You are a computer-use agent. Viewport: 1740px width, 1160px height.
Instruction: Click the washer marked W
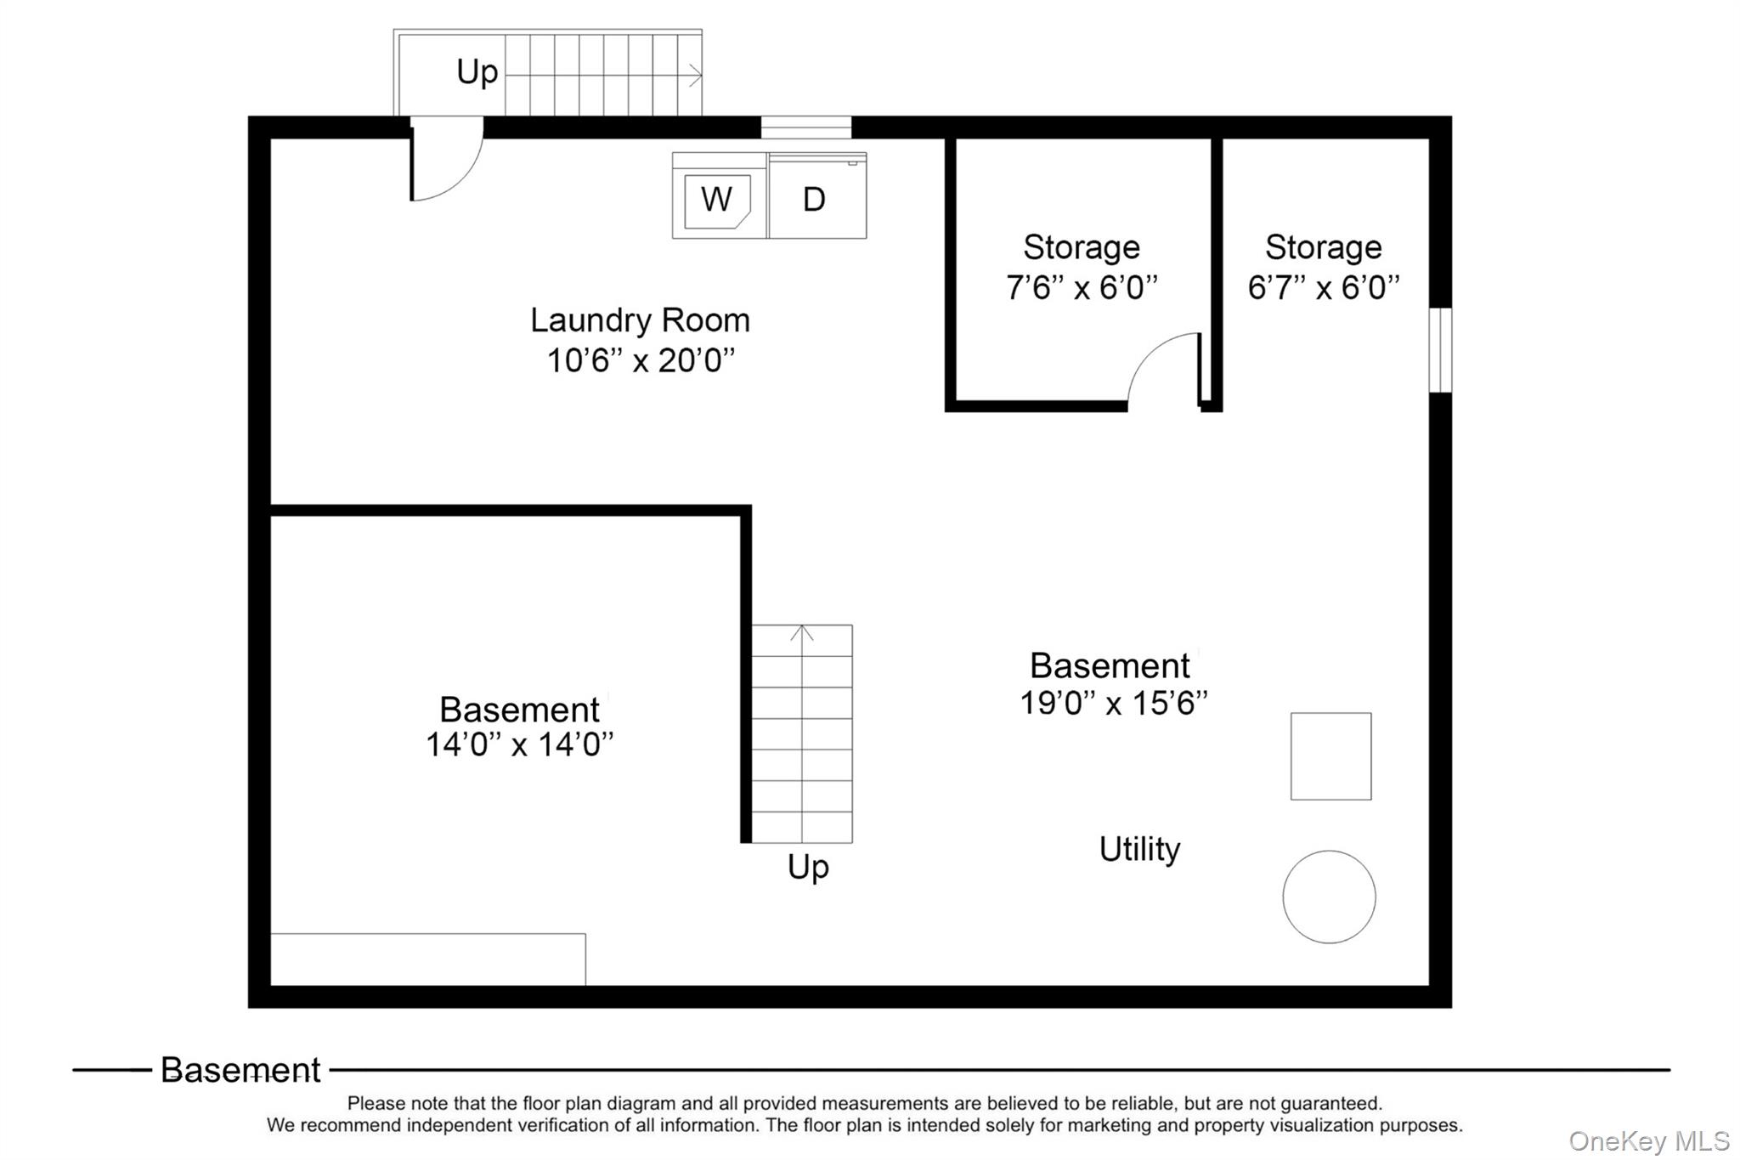(718, 199)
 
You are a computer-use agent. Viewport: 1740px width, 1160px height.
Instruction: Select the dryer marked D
(816, 199)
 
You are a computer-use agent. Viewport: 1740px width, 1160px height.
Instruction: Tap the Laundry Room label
(640, 320)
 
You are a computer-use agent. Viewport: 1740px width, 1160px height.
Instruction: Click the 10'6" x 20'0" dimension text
(640, 360)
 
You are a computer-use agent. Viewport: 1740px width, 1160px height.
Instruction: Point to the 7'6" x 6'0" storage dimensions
(1081, 288)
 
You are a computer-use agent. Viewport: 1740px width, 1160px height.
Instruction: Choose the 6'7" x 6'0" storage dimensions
(1323, 288)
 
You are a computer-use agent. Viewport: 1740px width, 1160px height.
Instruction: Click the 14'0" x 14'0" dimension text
(519, 745)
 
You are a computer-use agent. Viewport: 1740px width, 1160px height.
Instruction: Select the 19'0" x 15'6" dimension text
(1113, 704)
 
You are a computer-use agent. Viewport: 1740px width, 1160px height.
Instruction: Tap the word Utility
(1139, 849)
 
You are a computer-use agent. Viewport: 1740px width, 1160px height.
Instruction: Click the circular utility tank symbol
(1329, 897)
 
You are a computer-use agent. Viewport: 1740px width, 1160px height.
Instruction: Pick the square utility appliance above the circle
(1330, 755)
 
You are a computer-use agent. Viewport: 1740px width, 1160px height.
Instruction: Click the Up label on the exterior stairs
(477, 72)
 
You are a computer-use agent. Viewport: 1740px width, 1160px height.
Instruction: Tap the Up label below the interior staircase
(807, 867)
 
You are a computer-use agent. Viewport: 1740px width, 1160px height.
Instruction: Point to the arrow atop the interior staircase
(802, 633)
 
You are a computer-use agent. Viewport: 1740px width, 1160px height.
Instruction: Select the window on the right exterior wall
(1440, 350)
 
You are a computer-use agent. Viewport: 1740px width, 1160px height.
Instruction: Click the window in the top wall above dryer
(805, 127)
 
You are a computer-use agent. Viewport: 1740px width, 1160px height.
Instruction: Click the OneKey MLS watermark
(1648, 1140)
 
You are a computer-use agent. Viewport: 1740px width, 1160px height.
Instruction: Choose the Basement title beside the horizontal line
(240, 1070)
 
